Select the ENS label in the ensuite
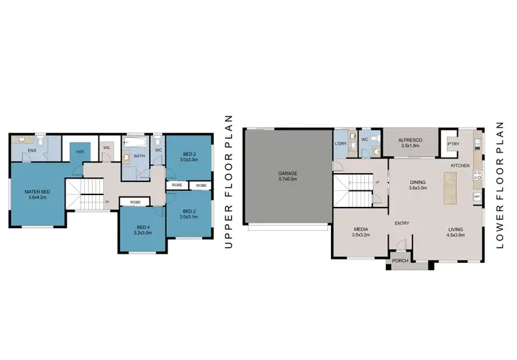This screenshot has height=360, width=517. coord(32,149)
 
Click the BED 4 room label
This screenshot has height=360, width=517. coord(143,227)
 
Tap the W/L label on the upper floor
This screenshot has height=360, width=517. coord(106,147)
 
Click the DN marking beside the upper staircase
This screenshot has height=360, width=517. coord(107,201)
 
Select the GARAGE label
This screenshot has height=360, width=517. coord(287,172)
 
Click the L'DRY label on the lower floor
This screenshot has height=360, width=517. coord(340,143)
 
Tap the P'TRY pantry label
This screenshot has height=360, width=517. coord(453,143)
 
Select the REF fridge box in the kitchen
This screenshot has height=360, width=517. coord(476,197)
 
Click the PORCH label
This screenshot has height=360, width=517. coord(400,261)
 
